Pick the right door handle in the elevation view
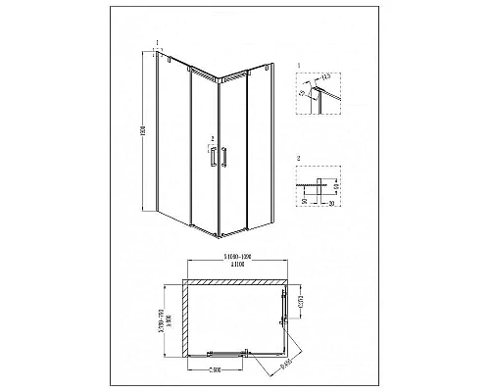224,158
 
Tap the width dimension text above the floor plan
233,259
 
